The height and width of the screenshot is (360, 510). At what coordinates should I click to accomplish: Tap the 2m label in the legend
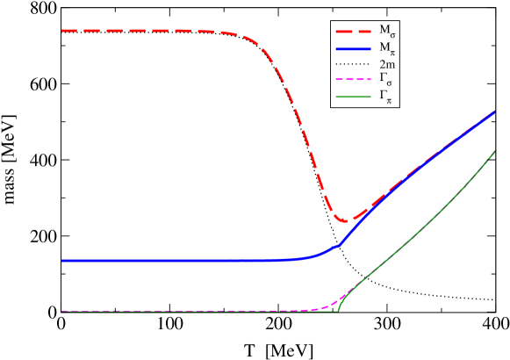[386, 64]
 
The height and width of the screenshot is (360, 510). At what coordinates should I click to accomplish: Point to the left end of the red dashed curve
[62, 31]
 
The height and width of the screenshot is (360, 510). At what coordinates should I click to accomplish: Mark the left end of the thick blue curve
[62, 261]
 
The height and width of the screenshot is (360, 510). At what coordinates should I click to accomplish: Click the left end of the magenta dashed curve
[62, 311]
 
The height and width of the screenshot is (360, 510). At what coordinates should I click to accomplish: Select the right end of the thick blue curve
[495, 112]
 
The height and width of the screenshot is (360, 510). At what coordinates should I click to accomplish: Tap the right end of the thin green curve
[495, 151]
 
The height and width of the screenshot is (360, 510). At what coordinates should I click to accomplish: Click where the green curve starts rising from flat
[339, 310]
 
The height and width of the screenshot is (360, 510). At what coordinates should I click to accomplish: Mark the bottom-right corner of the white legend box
[399, 107]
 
